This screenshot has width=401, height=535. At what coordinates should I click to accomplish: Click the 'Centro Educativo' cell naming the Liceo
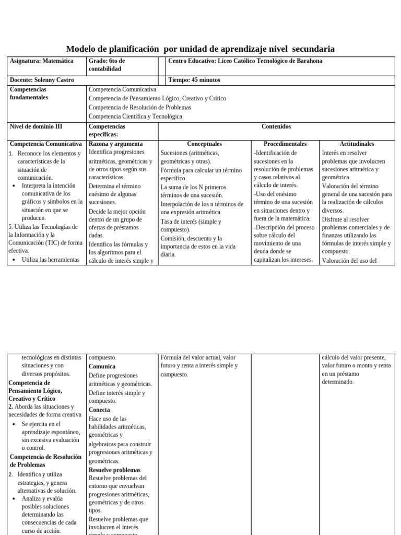pyautogui.click(x=245, y=61)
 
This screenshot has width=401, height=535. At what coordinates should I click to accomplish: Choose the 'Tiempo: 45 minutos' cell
pyautogui.click(x=194, y=80)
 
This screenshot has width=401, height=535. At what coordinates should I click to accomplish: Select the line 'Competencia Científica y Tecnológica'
pyautogui.click(x=135, y=117)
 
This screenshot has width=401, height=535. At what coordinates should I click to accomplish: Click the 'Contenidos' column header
pyautogui.click(x=276, y=126)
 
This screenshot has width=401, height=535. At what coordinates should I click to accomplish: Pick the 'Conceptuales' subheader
pyautogui.click(x=204, y=144)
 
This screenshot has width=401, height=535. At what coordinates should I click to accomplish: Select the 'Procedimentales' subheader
pyautogui.click(x=285, y=144)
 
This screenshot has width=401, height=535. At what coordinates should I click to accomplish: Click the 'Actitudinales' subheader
pyautogui.click(x=357, y=144)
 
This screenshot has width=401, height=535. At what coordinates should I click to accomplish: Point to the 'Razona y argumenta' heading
pyautogui.click(x=115, y=144)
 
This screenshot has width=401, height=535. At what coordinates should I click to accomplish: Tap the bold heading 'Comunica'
pyautogui.click(x=102, y=367)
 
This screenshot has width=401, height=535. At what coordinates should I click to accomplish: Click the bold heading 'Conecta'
pyautogui.click(x=99, y=410)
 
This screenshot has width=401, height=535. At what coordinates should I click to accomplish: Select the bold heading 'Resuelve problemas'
pyautogui.click(x=114, y=470)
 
